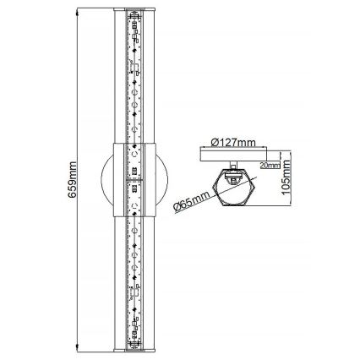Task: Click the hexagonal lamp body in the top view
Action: (236, 187)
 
